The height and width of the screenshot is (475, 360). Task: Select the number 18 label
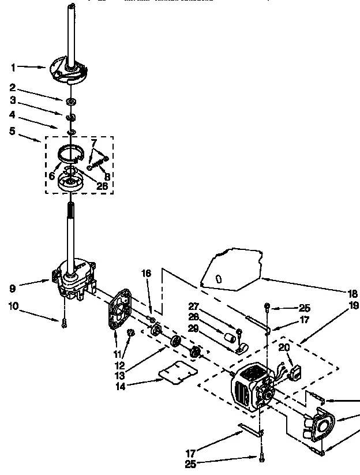coord(346,293)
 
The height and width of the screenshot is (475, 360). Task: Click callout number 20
coord(284,347)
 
